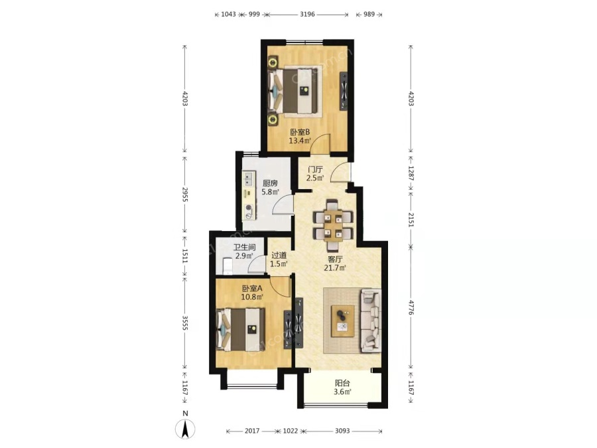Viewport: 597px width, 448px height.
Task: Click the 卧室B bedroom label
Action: pos(300,132)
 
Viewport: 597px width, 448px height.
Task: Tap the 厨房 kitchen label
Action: pos(270,183)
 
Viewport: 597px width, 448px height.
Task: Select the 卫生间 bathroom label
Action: pos(244,248)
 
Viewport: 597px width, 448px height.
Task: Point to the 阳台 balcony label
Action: pos(342,383)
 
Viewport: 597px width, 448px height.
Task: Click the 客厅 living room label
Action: pos(335,260)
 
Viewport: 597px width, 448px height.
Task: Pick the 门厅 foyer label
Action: pos(316,169)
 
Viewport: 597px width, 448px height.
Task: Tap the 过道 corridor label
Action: pos(279,256)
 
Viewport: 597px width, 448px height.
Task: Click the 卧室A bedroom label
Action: pos(252,289)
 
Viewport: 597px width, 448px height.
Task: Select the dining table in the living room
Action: pos(333,225)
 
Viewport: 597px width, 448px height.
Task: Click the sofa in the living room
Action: pos(370,319)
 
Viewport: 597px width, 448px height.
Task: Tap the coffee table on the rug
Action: pos(343,321)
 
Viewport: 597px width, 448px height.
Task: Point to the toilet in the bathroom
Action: pos(227,265)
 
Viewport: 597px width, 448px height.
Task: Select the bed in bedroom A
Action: pos(241,329)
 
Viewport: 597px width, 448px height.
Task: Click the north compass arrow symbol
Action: pos(185,429)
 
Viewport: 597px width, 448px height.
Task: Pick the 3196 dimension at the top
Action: pos(307,15)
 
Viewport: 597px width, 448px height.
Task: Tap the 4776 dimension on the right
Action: pos(411,307)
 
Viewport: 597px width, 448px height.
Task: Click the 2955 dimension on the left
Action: pos(185,194)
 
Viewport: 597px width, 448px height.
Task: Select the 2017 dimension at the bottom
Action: pos(252,431)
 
